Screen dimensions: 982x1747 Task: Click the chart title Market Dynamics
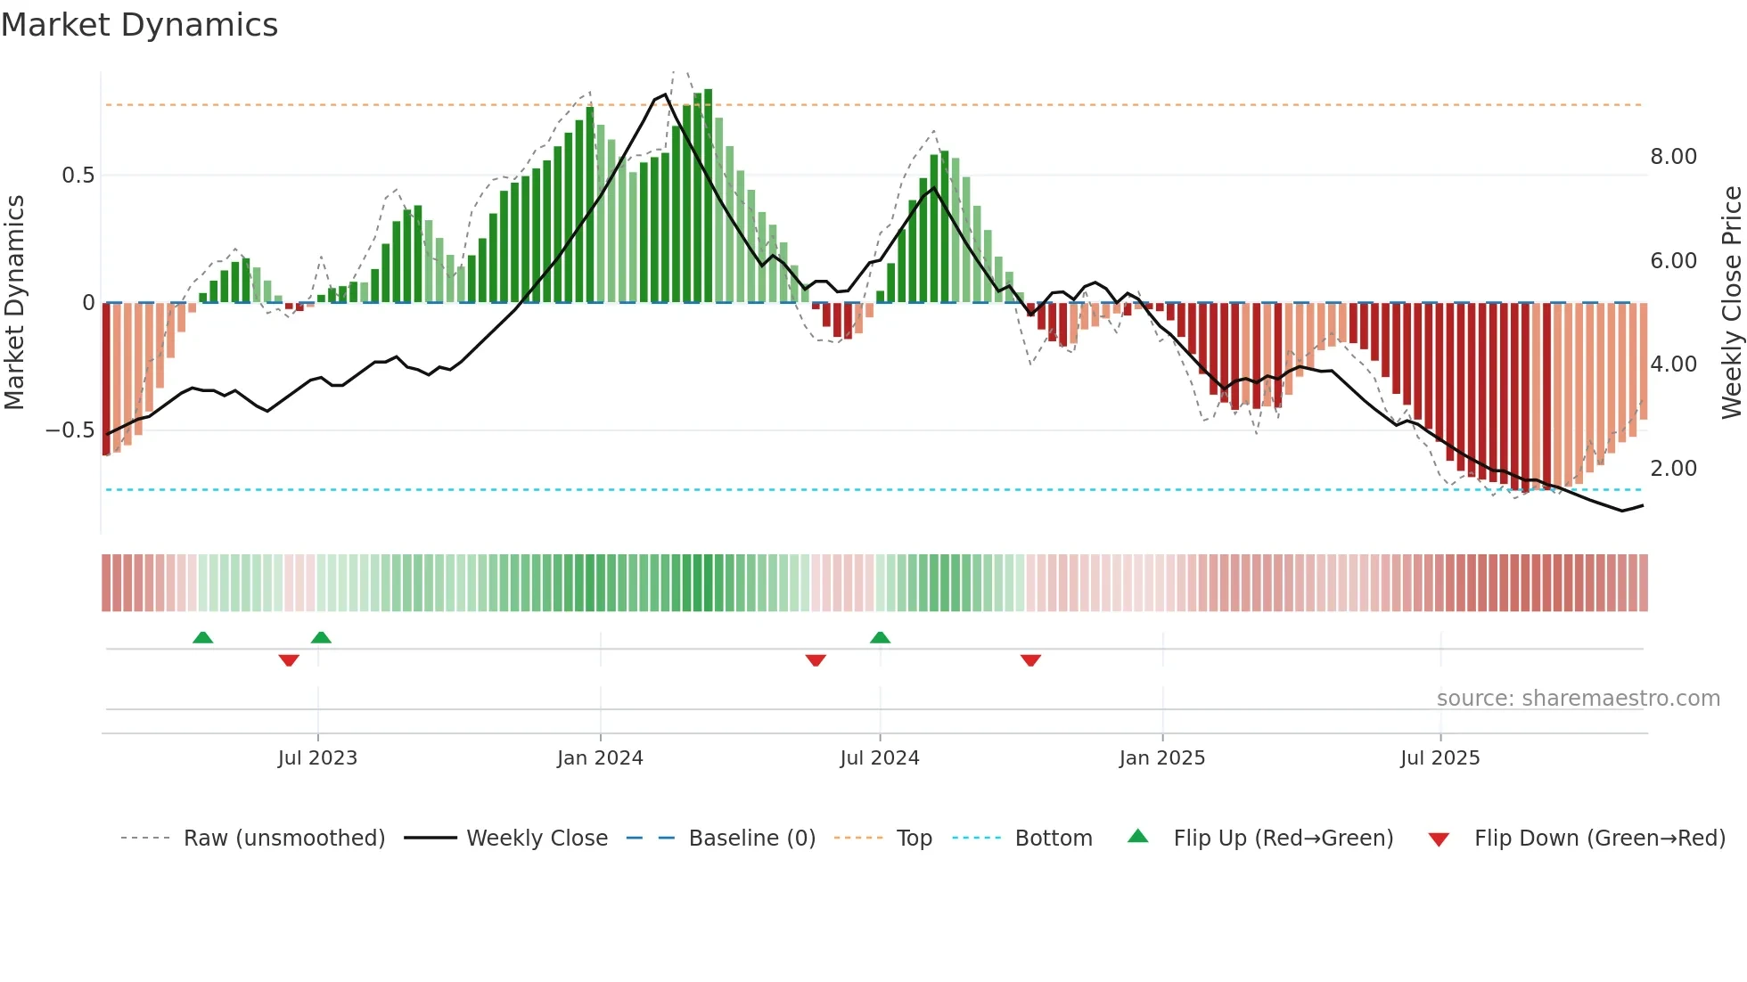pos(139,25)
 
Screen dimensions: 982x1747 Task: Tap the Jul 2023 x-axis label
pos(317,758)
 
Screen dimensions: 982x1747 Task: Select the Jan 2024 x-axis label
pos(600,758)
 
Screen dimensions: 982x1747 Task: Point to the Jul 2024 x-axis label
pos(879,758)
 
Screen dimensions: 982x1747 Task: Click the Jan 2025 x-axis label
pos(1161,758)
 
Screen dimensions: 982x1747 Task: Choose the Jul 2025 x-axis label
pos(1439,758)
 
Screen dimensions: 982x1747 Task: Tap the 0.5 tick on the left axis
pos(78,176)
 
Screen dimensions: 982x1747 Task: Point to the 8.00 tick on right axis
pos(1673,157)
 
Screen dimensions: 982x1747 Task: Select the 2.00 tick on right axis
pos(1673,469)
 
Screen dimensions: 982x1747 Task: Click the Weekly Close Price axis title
pos(1731,303)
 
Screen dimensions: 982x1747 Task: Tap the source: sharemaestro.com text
pos(1578,699)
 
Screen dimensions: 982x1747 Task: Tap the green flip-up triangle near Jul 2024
pos(880,637)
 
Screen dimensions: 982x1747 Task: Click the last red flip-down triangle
pos(1030,660)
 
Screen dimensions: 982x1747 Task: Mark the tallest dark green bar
pos(708,196)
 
